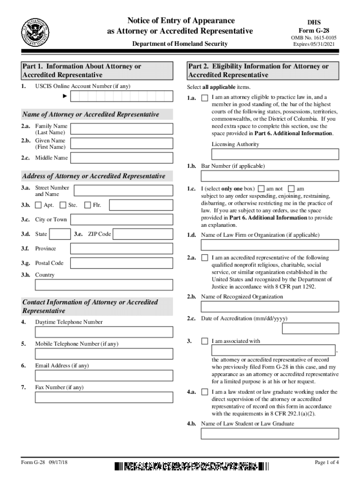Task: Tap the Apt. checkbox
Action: click(x=38, y=205)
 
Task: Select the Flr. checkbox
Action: click(x=88, y=205)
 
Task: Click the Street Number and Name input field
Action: click(x=124, y=190)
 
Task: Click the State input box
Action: click(x=60, y=234)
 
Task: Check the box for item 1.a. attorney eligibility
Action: click(x=205, y=98)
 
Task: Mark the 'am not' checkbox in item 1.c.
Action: click(x=261, y=189)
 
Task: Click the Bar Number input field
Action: click(x=270, y=176)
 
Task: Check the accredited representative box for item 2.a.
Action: click(x=205, y=258)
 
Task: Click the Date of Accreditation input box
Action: click(x=310, y=329)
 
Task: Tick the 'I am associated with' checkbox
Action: click(x=205, y=341)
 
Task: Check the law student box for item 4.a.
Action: click(x=205, y=392)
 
